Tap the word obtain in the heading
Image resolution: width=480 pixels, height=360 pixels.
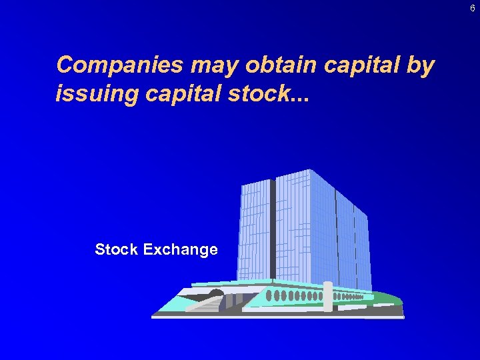tap(283, 66)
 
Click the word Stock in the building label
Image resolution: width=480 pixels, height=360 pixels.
tap(117, 249)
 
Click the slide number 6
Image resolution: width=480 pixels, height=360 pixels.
tap(472, 9)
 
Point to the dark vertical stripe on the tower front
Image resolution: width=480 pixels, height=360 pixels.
tap(273, 227)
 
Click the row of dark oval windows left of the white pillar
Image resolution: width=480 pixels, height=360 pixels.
tap(293, 295)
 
